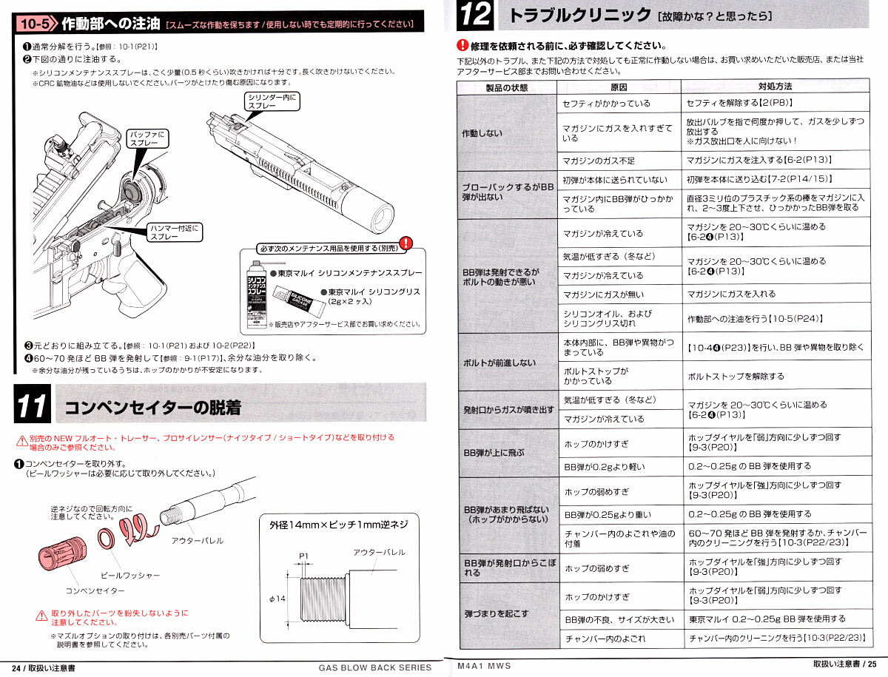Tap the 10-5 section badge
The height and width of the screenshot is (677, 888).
36,24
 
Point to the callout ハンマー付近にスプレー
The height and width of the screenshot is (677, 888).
175,232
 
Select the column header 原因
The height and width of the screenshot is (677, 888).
619,87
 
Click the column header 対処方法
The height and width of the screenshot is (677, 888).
775,87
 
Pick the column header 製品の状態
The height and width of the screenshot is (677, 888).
507,87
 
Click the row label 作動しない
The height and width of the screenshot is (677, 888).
482,133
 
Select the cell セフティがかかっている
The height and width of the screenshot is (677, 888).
606,104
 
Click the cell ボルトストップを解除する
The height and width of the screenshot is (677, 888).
736,376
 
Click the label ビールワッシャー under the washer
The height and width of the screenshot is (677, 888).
130,575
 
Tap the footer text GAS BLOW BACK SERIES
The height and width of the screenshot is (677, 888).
374,667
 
